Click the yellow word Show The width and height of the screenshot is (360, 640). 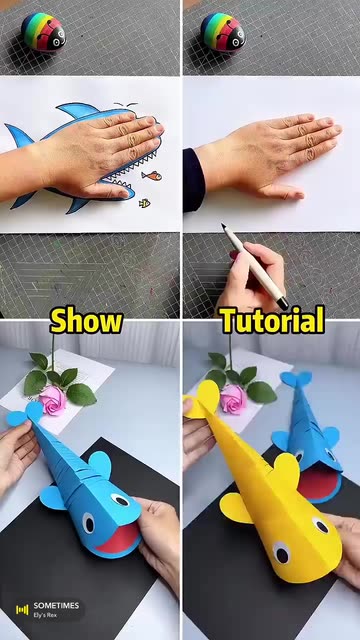click(86, 320)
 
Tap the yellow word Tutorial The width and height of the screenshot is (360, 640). click(273, 320)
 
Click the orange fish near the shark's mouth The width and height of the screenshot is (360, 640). click(151, 176)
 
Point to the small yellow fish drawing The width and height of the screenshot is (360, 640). click(144, 203)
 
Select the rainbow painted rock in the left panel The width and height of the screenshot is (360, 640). click(43, 32)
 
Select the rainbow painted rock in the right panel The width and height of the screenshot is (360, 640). click(223, 32)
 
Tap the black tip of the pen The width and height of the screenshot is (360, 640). click(282, 303)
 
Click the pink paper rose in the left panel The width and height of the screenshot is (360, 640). click(52, 400)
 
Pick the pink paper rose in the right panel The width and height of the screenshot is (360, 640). click(233, 399)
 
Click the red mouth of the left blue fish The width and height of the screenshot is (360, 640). click(118, 538)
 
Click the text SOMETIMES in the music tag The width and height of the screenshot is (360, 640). click(56, 606)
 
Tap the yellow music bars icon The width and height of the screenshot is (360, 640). click(22, 610)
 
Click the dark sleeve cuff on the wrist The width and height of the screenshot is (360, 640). click(193, 180)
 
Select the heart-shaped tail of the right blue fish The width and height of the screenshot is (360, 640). click(296, 379)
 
